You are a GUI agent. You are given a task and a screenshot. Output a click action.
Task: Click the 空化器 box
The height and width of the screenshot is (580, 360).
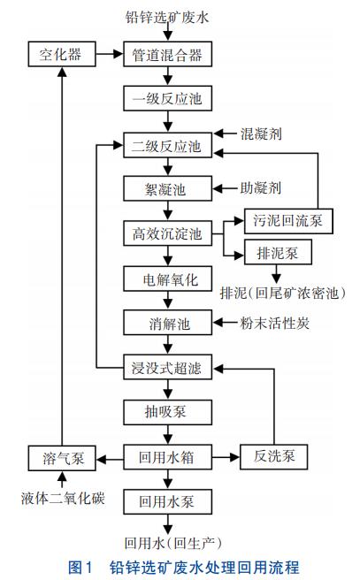pyautogui.click(x=60, y=55)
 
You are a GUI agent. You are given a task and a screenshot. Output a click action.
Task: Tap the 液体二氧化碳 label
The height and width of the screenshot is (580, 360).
pyautogui.click(x=60, y=497)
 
